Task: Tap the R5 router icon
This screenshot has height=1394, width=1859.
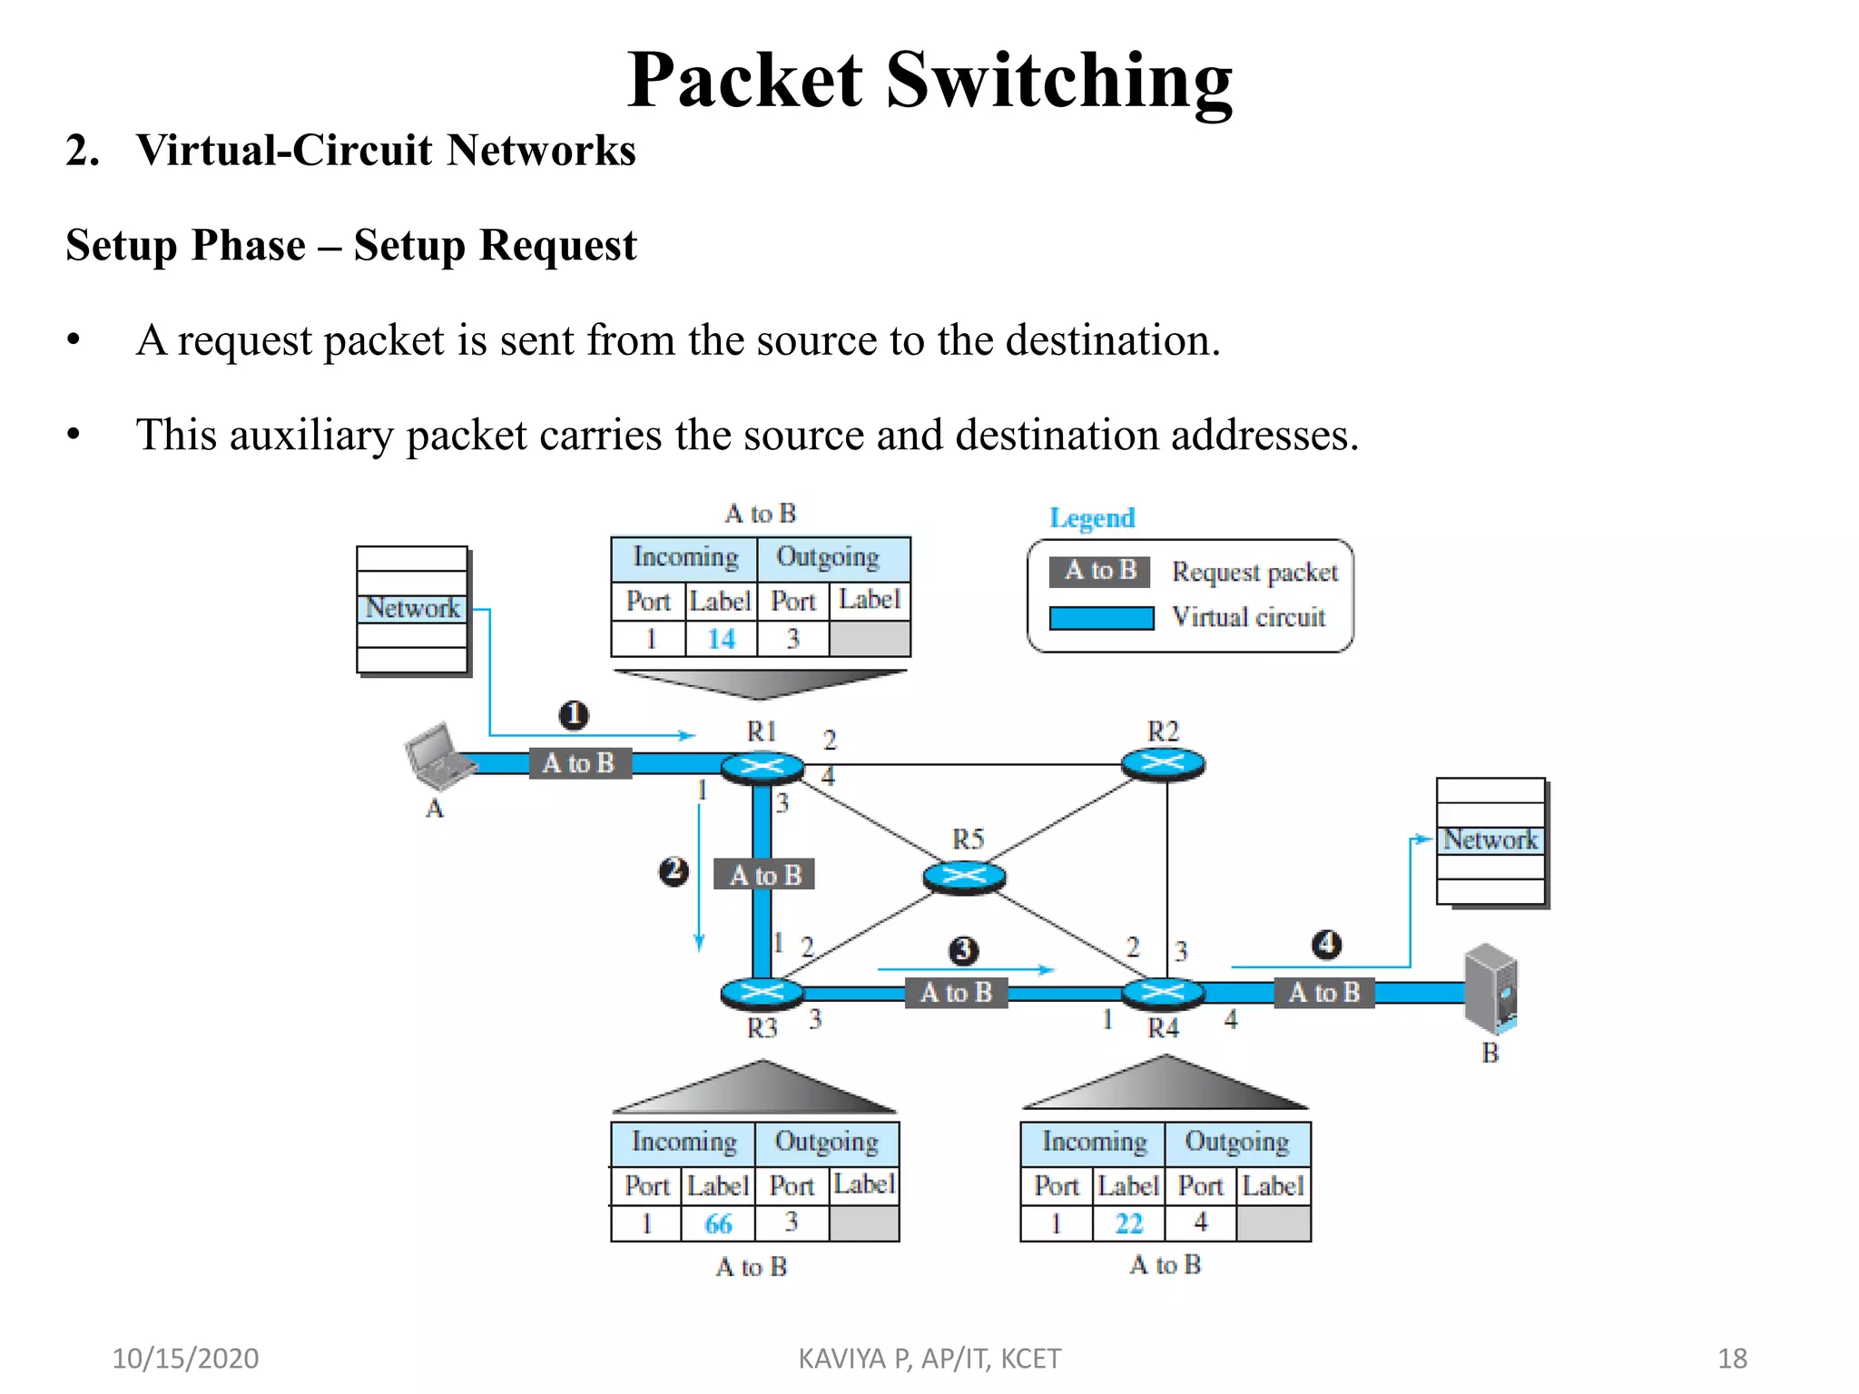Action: [964, 876]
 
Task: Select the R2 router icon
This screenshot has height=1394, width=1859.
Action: [1163, 763]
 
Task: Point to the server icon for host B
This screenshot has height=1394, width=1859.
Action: [1490, 989]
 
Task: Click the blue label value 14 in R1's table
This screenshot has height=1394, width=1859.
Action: [721, 639]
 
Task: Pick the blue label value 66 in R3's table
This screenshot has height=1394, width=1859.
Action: [718, 1224]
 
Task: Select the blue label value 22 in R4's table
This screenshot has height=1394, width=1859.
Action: [1128, 1224]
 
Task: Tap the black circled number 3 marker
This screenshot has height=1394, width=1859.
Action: [963, 950]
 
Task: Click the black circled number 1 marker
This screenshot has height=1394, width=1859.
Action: [573, 715]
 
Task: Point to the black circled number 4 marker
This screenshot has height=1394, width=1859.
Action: [1326, 944]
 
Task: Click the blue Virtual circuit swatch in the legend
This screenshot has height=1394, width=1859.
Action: [1101, 618]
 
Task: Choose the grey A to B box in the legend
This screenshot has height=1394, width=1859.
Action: [1100, 571]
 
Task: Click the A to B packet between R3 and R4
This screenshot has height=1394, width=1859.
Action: [957, 993]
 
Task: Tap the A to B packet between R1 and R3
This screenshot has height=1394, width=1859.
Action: [764, 875]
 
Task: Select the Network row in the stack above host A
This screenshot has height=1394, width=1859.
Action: [412, 608]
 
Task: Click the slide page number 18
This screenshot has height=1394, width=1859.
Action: [1732, 1359]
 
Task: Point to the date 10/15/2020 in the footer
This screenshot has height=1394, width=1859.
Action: [185, 1359]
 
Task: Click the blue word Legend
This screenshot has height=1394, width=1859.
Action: [1092, 518]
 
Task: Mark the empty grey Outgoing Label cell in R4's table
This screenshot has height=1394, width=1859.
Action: [1274, 1224]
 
